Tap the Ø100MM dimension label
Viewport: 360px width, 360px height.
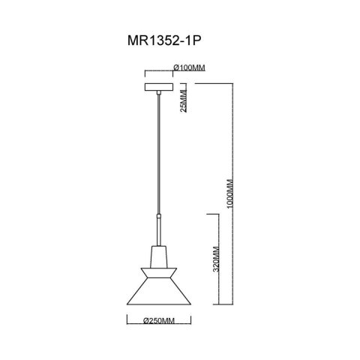(x=189, y=67)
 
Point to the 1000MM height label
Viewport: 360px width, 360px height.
(x=230, y=193)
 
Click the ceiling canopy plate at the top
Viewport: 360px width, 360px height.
(x=157, y=85)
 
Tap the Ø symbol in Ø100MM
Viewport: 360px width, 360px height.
(x=175, y=67)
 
